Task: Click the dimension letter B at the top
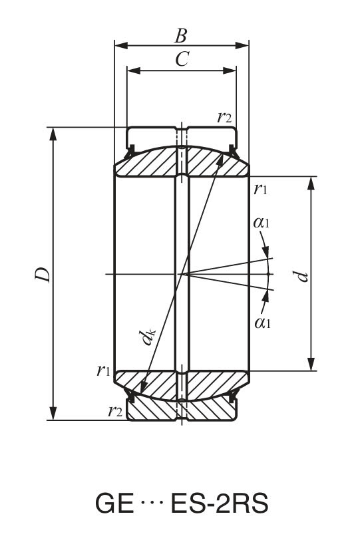(181, 34)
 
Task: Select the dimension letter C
(181, 59)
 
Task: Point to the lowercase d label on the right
(303, 274)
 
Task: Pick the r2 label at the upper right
(224, 117)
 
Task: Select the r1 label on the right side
(261, 188)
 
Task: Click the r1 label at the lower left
(102, 370)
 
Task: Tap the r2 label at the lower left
(114, 411)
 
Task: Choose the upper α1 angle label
(262, 223)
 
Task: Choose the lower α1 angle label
(262, 323)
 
